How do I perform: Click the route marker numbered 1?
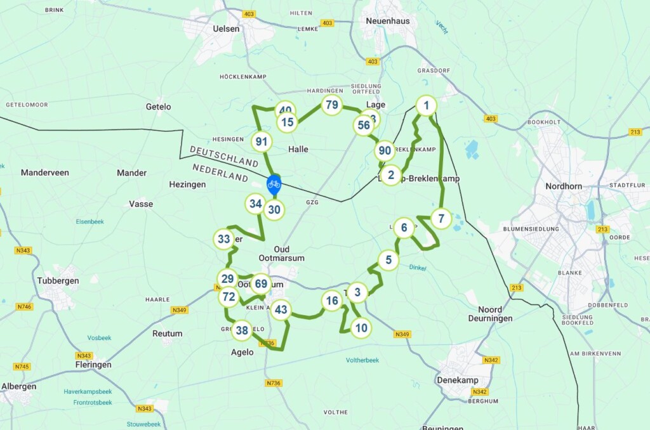point(427,105)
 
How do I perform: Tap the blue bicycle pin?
point(274,185)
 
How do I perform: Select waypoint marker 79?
point(331,105)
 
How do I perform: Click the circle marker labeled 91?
point(261,141)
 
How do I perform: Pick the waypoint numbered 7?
point(441,219)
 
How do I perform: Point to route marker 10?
point(361,328)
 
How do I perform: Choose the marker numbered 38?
point(242,330)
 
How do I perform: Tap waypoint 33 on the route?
point(224,239)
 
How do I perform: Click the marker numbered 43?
point(281,310)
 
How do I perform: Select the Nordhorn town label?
point(564,186)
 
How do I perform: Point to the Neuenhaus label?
point(387,20)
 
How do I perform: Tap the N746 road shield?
point(24,306)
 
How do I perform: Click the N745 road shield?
point(22,367)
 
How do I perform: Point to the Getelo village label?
point(158,107)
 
